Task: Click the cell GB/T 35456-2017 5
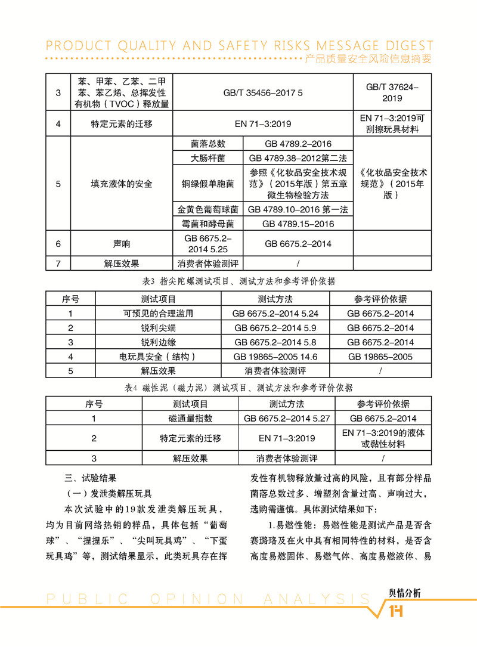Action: [263, 94]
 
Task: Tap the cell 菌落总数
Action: [208, 144]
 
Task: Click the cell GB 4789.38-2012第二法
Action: [298, 159]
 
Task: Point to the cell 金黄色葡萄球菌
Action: [208, 210]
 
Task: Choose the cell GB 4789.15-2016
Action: [298, 224]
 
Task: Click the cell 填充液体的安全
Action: [122, 184]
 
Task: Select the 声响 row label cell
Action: [122, 244]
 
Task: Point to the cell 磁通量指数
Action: [190, 419]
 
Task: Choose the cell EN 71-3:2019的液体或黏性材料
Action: [382, 438]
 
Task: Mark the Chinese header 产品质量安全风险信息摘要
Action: [367, 59]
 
